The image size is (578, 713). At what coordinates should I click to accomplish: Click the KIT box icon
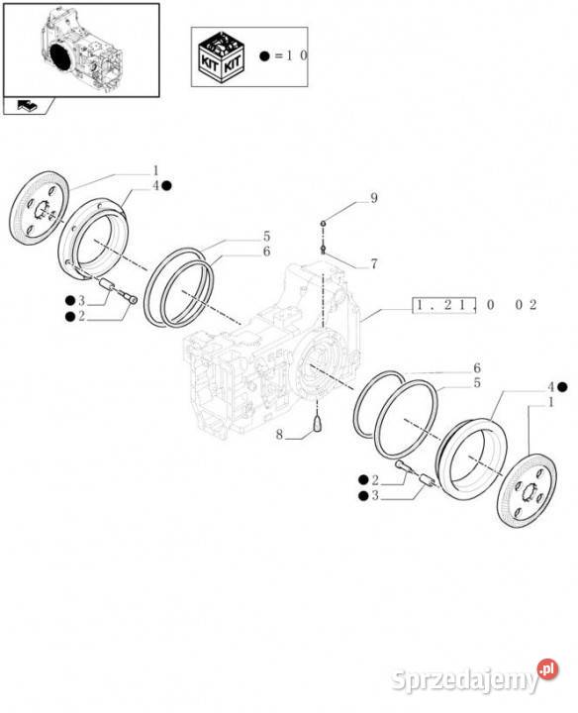[x=222, y=56]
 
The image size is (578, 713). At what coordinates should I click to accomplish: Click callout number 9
[x=373, y=198]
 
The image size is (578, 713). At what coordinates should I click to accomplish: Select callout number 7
[x=373, y=263]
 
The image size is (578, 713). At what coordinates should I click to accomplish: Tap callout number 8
[x=279, y=435]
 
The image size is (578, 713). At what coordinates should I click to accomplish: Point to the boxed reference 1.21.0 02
[x=475, y=305]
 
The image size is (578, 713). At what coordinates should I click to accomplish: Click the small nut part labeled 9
[x=323, y=223]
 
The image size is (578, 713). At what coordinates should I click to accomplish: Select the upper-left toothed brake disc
[x=39, y=208]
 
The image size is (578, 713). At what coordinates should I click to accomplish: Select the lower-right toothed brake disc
[x=528, y=489]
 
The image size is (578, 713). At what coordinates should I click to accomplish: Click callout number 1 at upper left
[x=155, y=171]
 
